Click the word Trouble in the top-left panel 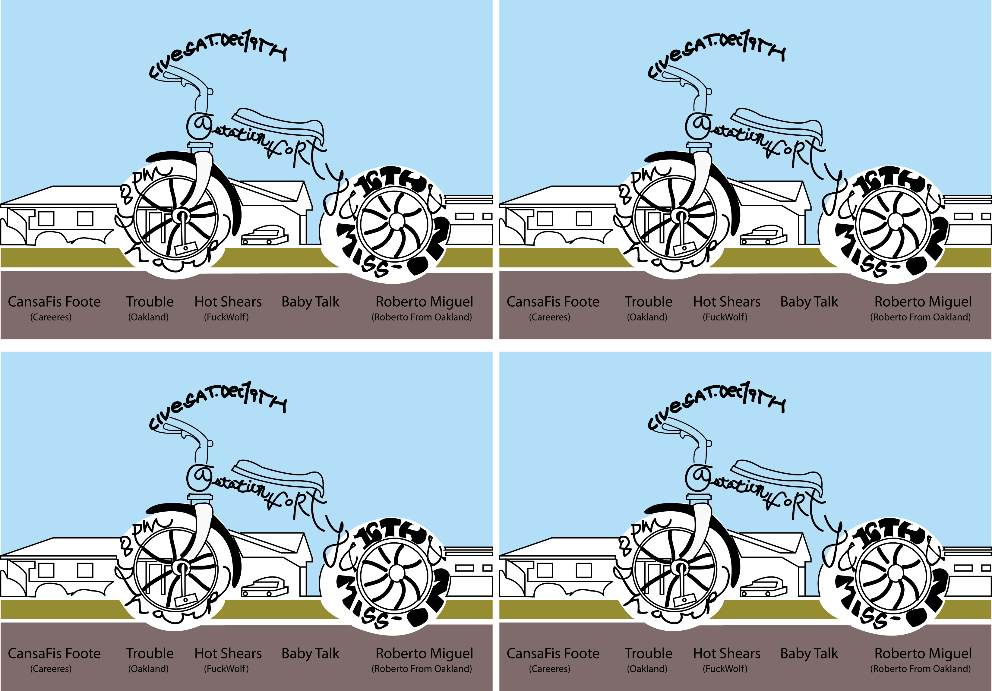coord(150,301)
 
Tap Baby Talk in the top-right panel coord(809,301)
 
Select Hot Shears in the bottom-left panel coord(228,653)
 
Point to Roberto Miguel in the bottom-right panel coord(923,653)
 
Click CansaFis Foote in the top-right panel coord(553,301)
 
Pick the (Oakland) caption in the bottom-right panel coord(647,669)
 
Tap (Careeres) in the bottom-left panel coord(51,669)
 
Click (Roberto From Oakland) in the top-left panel coord(422,317)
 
